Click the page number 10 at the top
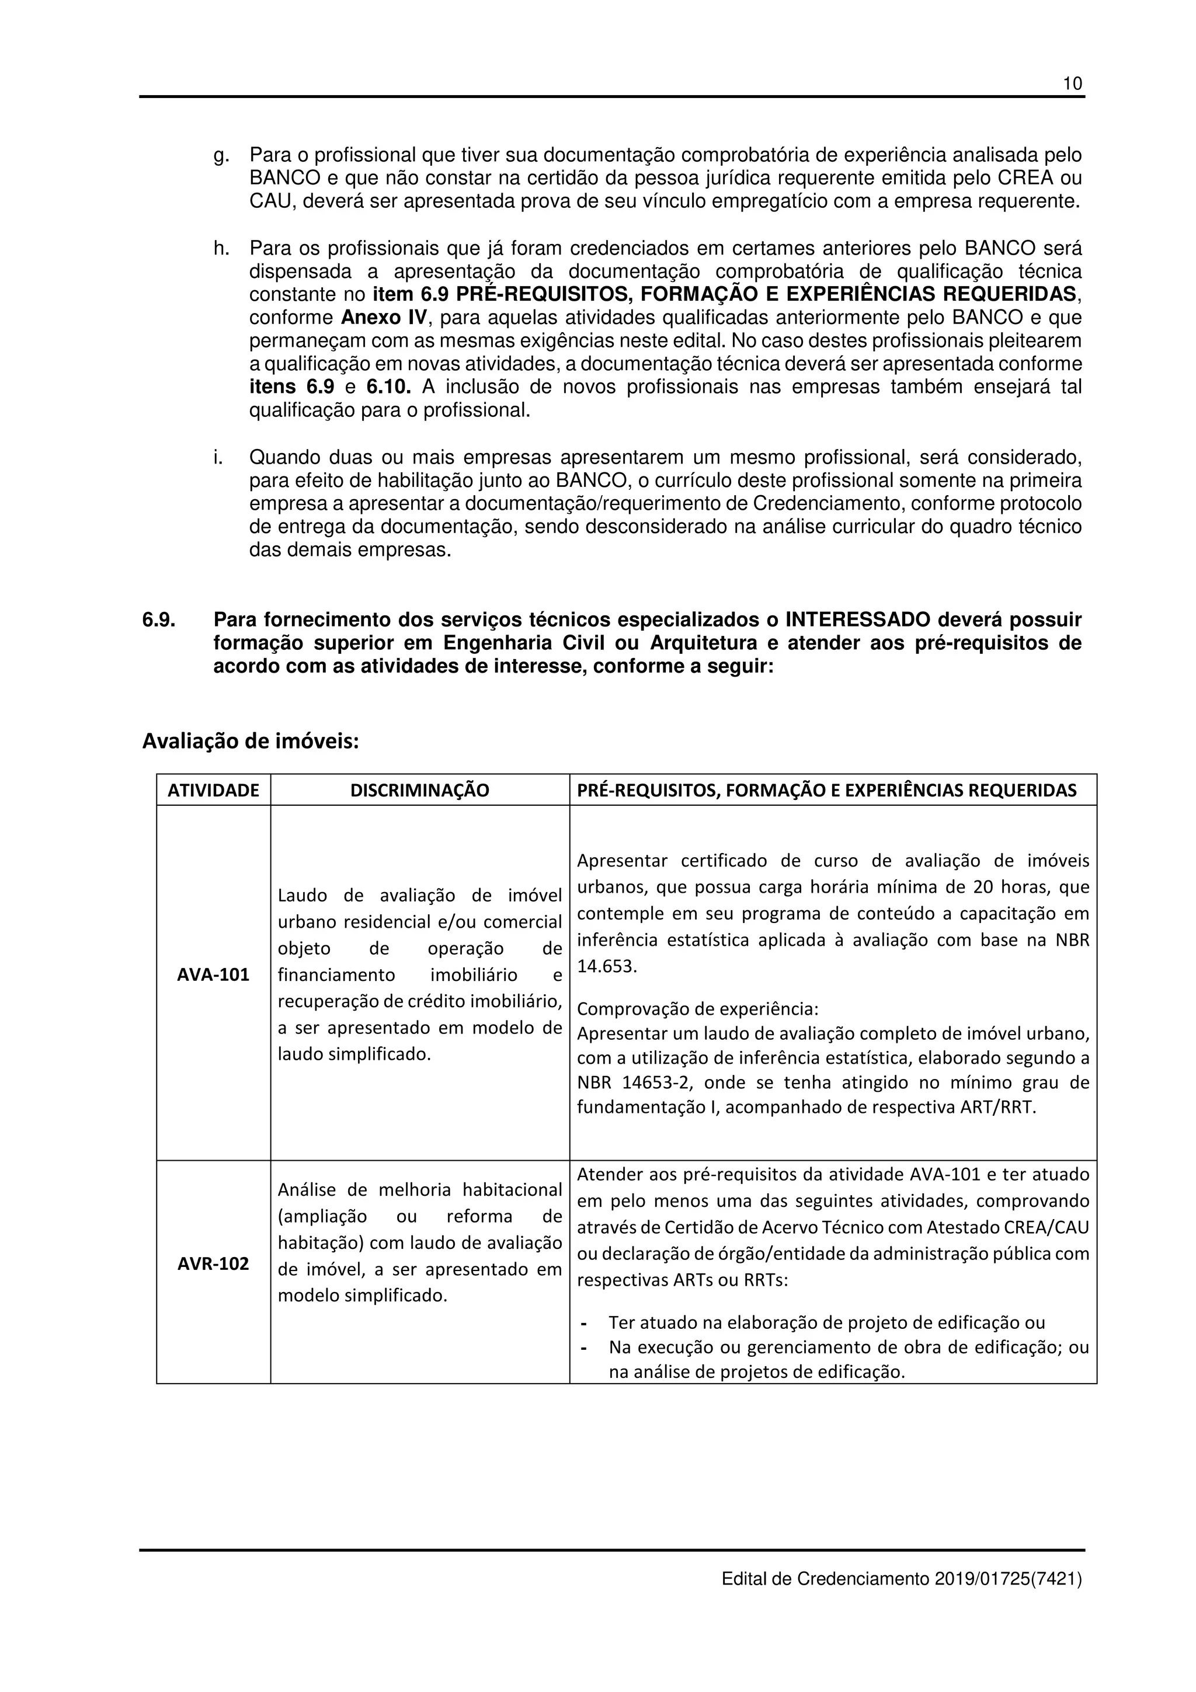(x=1072, y=84)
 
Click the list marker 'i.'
(x=218, y=458)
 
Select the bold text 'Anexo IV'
(x=383, y=318)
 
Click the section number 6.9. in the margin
(x=158, y=620)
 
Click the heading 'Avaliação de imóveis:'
(x=250, y=741)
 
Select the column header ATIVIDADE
(x=213, y=791)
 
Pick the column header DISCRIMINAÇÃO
(x=419, y=791)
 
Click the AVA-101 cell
(x=213, y=975)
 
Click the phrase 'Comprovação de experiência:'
(x=697, y=1008)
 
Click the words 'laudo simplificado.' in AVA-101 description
(x=354, y=1054)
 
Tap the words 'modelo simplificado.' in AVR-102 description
(x=363, y=1296)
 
